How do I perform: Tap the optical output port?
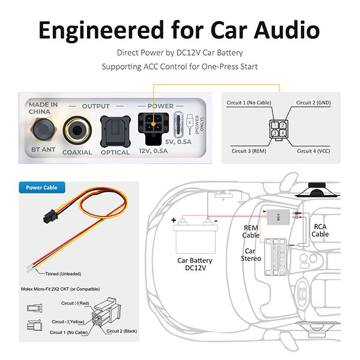click(x=115, y=128)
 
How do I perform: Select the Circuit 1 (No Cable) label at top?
click(x=247, y=102)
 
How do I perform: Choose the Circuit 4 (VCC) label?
click(x=313, y=151)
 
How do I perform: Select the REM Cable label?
click(x=251, y=231)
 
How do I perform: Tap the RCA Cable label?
click(x=320, y=230)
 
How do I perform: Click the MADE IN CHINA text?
click(x=43, y=108)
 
